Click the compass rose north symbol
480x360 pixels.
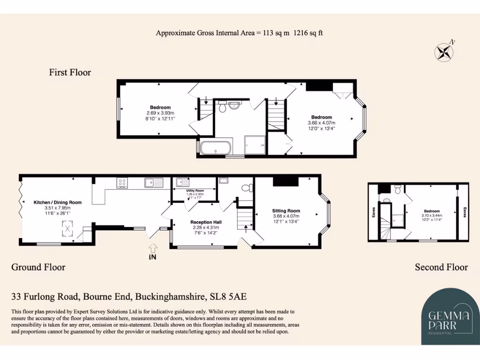443,52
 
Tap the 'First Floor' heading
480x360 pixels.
70,72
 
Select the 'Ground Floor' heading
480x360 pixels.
38,267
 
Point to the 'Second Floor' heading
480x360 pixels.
441,267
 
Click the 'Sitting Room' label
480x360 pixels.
286,211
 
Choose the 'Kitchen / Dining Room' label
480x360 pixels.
57,202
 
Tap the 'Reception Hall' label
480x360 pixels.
206,222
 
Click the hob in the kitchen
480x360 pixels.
123,182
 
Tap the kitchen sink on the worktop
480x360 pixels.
153,182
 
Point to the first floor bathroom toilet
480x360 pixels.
222,107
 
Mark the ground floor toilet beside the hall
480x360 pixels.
245,188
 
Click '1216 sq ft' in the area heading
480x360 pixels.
308,33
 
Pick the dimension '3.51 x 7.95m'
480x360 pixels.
57,208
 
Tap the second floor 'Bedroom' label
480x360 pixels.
432,211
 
